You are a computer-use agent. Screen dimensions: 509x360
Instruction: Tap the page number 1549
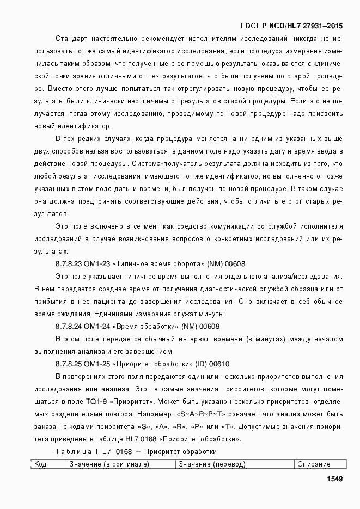pos(334,479)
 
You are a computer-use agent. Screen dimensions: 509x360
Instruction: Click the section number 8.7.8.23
pos(69,264)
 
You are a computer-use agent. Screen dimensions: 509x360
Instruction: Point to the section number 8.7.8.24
pos(69,327)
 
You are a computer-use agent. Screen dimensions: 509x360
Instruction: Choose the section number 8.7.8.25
pos(69,364)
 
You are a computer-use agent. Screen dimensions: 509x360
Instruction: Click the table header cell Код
pos(40,464)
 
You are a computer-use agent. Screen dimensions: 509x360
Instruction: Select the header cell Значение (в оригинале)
pos(108,464)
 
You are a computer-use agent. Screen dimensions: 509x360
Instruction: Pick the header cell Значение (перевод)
pos(212,464)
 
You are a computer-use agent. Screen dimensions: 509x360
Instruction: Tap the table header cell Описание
pos(314,464)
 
